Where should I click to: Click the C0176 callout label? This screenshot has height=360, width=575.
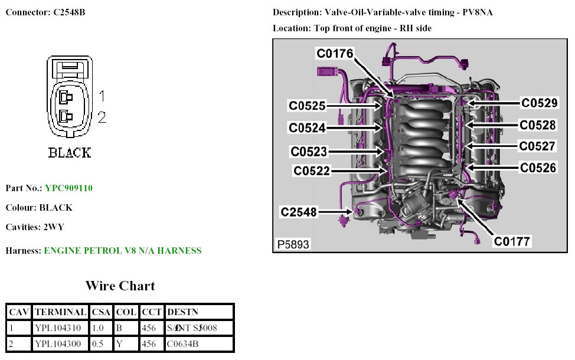point(335,54)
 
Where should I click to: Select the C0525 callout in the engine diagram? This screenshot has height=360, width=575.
point(307,106)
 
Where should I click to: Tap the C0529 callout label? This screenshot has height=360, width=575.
point(538,103)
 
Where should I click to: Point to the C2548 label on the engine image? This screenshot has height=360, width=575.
point(299,212)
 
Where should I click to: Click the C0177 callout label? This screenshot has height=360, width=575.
point(512,241)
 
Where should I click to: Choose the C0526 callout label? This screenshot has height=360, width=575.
point(537,168)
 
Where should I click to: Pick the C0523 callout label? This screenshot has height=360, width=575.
point(308,152)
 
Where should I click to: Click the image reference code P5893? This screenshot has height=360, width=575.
point(292,244)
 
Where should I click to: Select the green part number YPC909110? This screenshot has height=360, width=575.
point(68,188)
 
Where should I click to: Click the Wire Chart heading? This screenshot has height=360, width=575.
point(120,286)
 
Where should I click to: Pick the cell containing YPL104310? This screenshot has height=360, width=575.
point(57,328)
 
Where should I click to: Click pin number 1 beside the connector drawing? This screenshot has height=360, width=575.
point(102,96)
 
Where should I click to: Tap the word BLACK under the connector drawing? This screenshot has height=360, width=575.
point(70,153)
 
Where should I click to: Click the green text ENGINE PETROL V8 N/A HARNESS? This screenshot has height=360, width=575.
point(123,251)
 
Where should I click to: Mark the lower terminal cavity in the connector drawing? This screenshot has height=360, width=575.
point(66,116)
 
